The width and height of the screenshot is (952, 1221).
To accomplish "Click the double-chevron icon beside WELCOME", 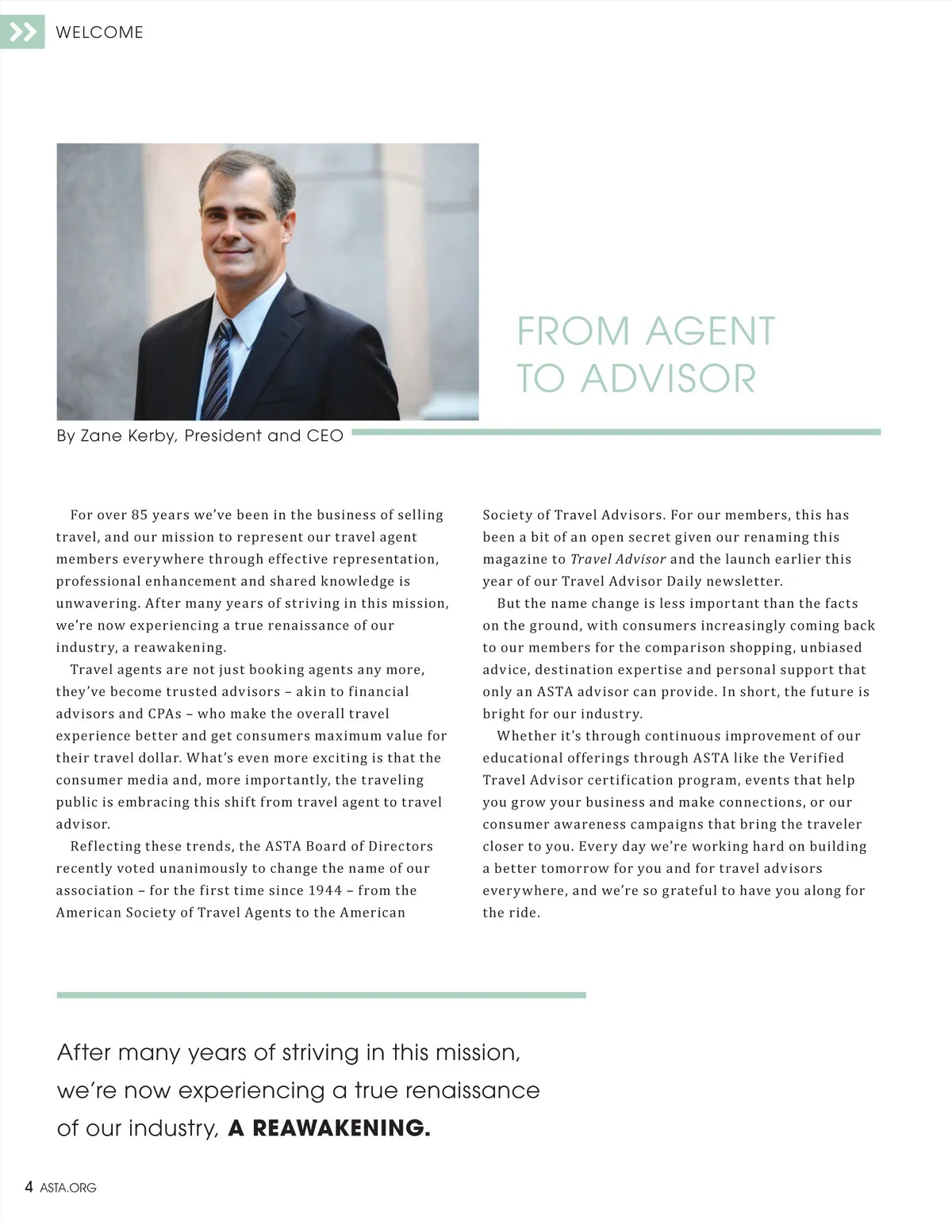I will tap(22, 32).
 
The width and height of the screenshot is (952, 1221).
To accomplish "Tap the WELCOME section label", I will tap(99, 33).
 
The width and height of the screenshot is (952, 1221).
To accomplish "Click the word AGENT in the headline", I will tap(710, 331).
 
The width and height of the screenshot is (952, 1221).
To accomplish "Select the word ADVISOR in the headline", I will tap(668, 378).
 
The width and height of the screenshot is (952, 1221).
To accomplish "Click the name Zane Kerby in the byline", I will tap(116, 435).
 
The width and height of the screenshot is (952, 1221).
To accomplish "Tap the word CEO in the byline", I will tap(324, 435).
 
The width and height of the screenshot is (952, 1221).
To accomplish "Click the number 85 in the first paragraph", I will tap(140, 515).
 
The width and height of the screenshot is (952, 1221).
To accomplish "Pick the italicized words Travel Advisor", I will tap(618, 559).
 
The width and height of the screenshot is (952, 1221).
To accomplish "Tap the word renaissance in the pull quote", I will tap(472, 1090).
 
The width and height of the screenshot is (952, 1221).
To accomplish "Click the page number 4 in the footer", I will tap(29, 1187).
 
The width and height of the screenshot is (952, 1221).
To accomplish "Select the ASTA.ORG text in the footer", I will tap(68, 1188).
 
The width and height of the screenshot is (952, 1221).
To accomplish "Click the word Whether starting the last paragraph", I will tap(527, 736).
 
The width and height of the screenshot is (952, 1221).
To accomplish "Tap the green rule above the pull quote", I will tap(321, 994).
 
